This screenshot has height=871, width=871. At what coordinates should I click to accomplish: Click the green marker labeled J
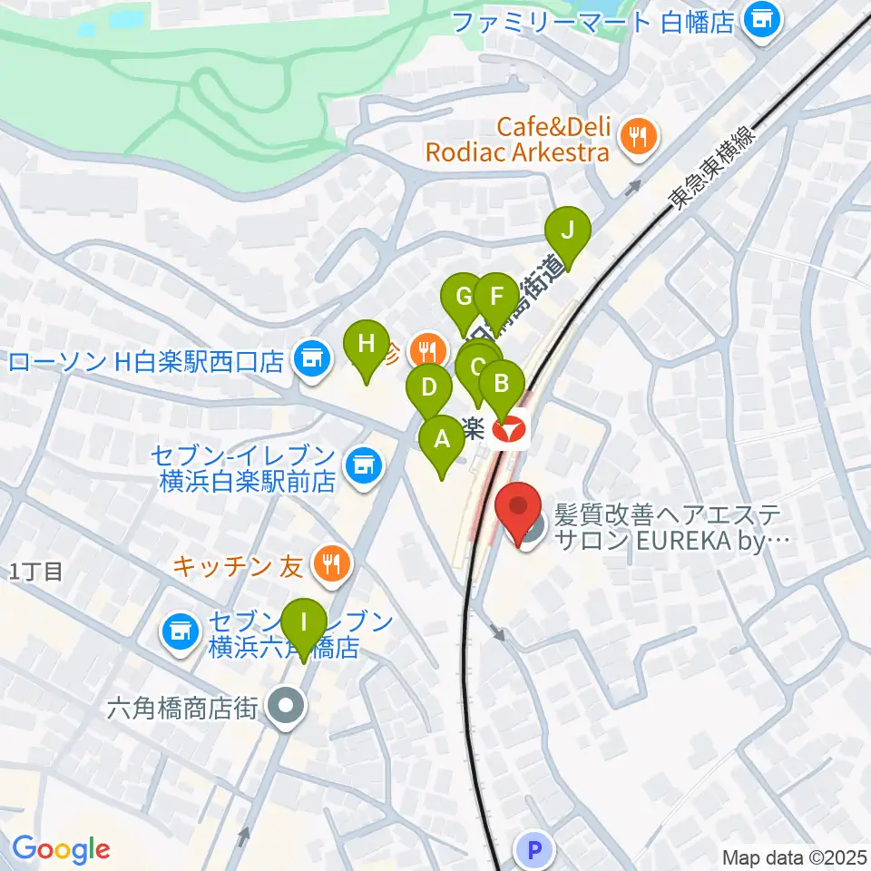point(567,230)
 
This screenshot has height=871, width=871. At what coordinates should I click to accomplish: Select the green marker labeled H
point(366,344)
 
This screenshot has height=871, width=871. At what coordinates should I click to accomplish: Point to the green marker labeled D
point(429,387)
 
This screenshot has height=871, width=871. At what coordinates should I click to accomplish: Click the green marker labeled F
point(495,296)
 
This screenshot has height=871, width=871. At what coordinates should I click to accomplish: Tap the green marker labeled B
point(501,383)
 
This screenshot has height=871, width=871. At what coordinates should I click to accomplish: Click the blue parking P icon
point(533,851)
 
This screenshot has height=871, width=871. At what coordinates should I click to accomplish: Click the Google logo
point(61,849)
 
